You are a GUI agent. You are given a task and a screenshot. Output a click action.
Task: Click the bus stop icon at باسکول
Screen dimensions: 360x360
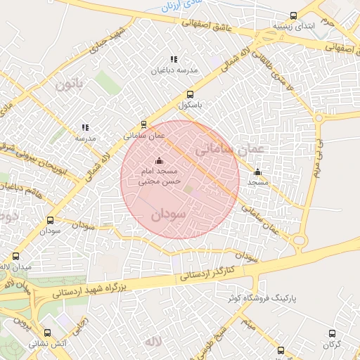(x=189, y=94)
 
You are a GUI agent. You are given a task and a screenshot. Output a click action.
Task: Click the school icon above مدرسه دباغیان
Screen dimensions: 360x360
(x=174, y=60)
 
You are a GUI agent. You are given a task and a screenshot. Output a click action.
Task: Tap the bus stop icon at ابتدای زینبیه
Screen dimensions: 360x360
(x=294, y=16)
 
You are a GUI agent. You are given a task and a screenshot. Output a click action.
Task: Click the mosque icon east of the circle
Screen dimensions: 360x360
(x=257, y=172)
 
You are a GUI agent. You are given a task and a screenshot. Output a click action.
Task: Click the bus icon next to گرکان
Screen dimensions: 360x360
(x=332, y=334)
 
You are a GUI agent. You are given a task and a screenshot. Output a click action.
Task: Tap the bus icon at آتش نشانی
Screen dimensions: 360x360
(x=47, y=334)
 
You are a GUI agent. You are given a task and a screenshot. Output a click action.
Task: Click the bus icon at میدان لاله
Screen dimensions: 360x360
(x=15, y=256)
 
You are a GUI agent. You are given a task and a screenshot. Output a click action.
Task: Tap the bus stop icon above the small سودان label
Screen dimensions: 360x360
(x=49, y=219)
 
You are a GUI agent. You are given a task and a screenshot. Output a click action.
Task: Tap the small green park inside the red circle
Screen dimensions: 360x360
(x=188, y=188)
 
